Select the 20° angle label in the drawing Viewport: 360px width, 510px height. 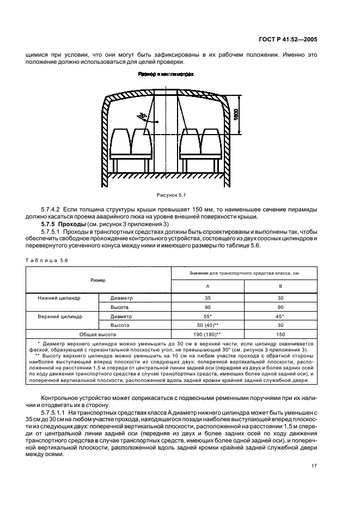pos(143,116)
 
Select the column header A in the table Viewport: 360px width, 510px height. pos(208,287)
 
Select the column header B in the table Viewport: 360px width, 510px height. pos(280,287)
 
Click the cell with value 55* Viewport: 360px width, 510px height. pos(208,316)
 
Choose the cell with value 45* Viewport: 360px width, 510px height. pos(280,316)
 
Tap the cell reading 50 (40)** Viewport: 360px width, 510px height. pos(208,325)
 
